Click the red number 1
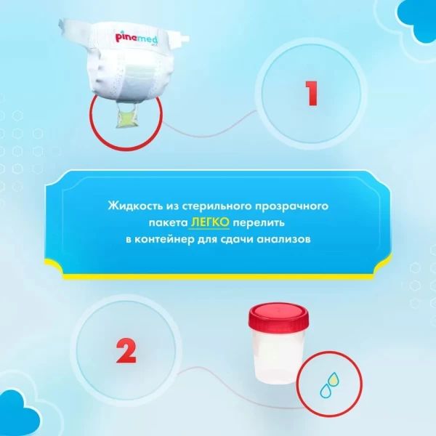tap(312, 93)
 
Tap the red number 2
tap(126, 351)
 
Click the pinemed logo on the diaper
tap(137, 38)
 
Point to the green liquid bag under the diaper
tap(126, 118)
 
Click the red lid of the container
tap(278, 317)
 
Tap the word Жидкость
tap(135, 206)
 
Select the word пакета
tap(169, 223)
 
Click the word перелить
tap(259, 223)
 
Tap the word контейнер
tap(164, 239)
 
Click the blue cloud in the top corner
tap(417, 20)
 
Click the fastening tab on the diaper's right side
tap(183, 38)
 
